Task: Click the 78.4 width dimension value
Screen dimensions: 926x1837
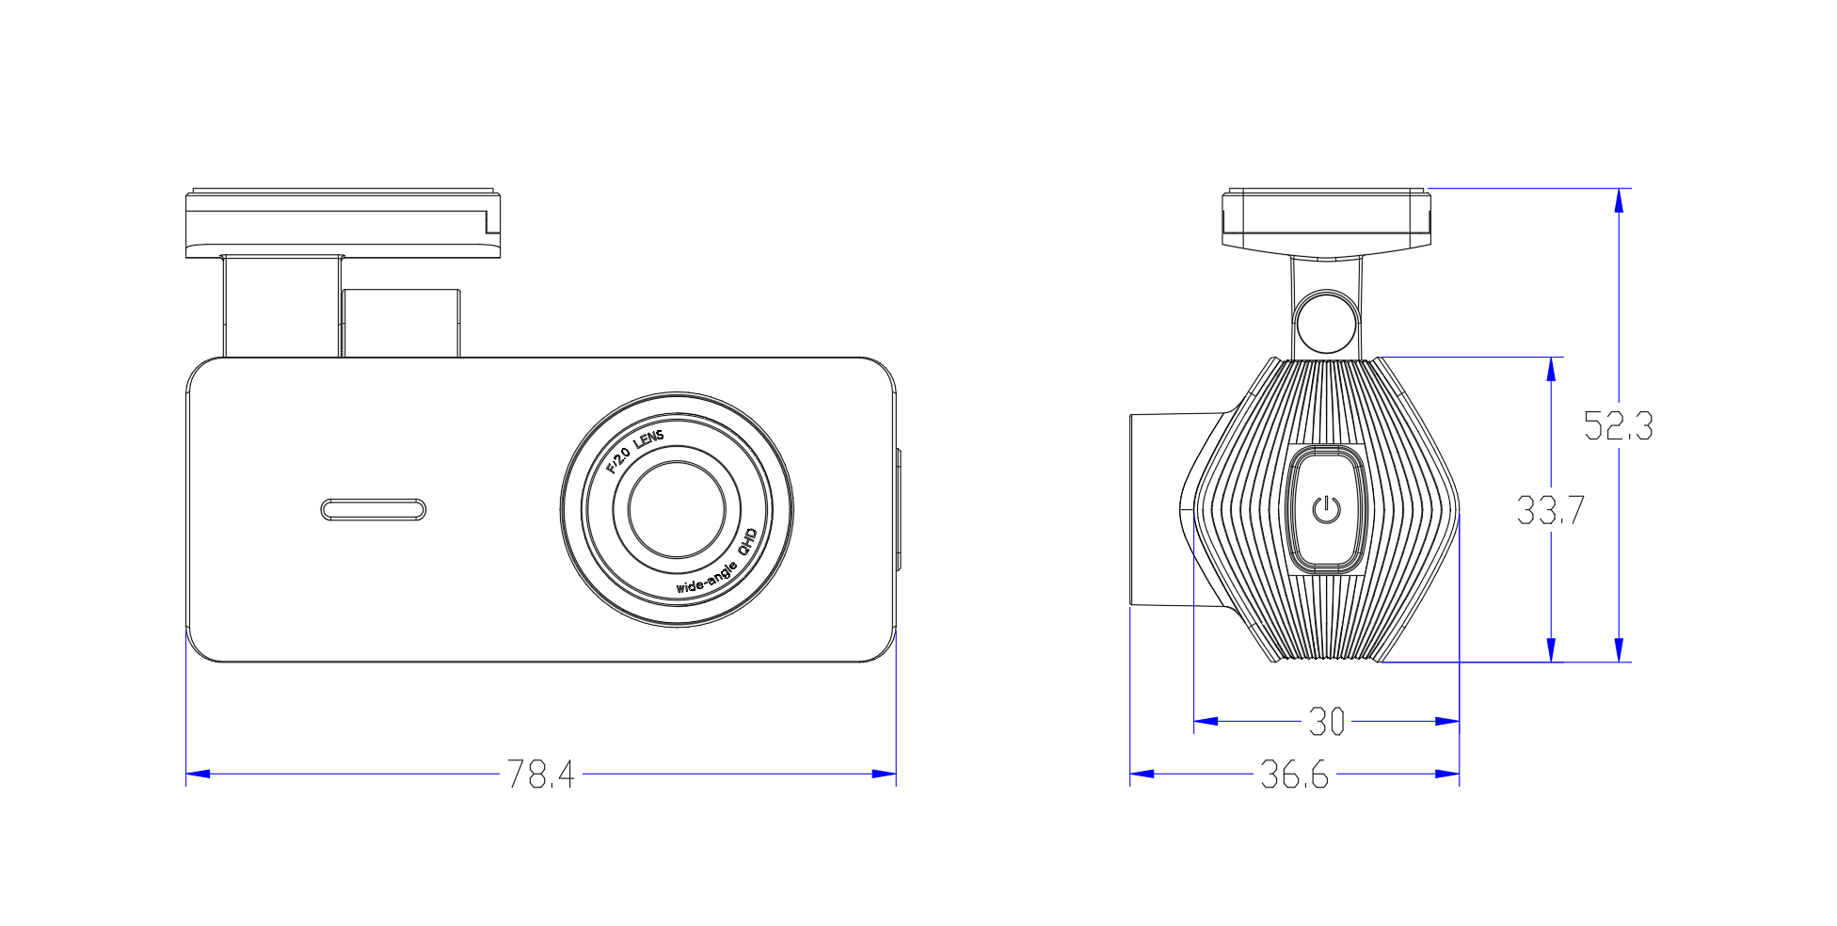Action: tap(540, 774)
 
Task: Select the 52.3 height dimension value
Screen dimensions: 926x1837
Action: tap(1618, 426)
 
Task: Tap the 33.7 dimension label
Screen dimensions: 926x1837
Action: tap(1550, 510)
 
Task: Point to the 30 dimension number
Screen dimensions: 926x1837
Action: tap(1326, 722)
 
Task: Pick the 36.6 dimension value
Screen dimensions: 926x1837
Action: tap(1294, 774)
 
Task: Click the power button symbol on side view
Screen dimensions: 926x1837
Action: tap(1326, 509)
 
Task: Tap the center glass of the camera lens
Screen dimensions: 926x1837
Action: tap(677, 509)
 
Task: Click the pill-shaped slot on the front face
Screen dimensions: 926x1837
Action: tap(374, 509)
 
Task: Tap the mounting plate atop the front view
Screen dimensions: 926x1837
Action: tap(343, 224)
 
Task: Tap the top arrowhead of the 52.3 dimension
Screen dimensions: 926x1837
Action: tap(1619, 200)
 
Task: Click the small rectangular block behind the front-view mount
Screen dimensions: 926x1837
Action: tap(402, 323)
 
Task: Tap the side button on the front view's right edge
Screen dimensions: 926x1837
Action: tap(898, 509)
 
